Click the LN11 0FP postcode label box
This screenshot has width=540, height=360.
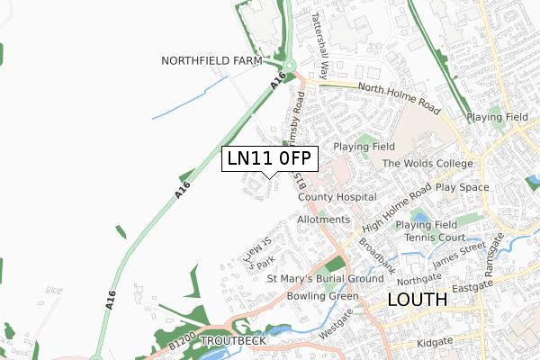269,158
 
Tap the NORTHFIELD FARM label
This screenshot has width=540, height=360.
211,61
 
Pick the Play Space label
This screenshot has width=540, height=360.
462,187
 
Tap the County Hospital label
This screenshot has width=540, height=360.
337,197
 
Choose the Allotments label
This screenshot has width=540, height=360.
323,220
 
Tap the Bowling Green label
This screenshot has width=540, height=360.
323,296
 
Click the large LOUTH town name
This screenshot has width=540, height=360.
416,301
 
